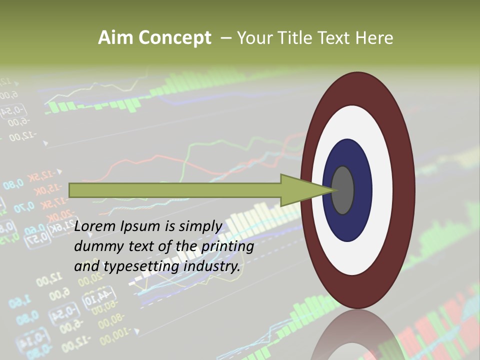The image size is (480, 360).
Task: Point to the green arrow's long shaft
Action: (x=175, y=190)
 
